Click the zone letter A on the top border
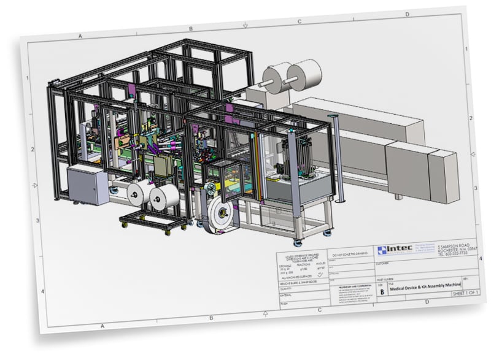[x=80, y=36]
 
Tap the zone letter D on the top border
[x=407, y=13]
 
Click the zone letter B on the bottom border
[x=211, y=318]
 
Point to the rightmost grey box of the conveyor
[x=443, y=175]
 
